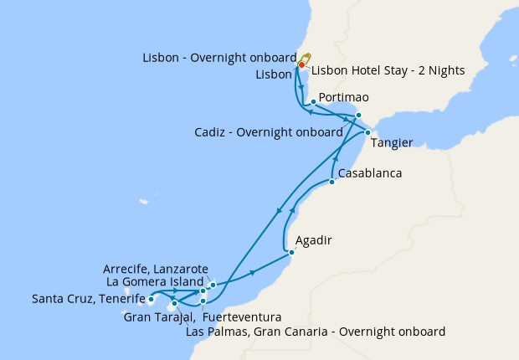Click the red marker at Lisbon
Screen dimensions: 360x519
tap(301, 64)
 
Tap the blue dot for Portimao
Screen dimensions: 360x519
tap(312, 102)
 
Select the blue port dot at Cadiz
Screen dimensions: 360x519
tap(358, 115)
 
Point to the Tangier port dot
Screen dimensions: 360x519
tap(367, 132)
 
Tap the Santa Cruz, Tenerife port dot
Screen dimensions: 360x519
tap(151, 299)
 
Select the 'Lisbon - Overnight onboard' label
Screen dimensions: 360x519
tap(219, 58)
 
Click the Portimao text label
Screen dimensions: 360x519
tap(344, 98)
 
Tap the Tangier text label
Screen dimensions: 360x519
tap(393, 143)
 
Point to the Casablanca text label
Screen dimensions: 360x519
tap(370, 173)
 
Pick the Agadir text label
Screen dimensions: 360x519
tap(314, 240)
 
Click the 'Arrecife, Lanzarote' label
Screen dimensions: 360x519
tap(156, 269)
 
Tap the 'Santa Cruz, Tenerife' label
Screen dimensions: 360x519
tap(87, 299)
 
